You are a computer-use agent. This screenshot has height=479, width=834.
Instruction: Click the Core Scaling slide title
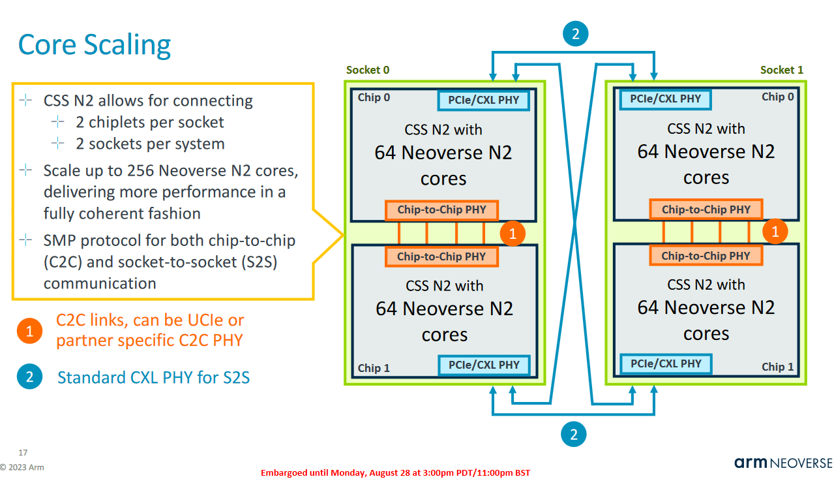(95, 45)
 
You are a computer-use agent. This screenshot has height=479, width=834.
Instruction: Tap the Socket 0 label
(368, 70)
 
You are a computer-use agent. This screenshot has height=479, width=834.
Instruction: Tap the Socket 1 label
(782, 70)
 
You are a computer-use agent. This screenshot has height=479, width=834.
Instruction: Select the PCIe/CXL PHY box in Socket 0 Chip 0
(483, 100)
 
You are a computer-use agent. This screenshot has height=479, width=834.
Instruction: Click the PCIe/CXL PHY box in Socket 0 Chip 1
(483, 365)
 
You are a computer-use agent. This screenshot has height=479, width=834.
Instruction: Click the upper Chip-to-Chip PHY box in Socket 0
(441, 210)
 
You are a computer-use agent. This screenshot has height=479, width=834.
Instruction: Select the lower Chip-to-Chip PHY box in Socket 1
(706, 256)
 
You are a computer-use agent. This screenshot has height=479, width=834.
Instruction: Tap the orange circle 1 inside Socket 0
(513, 234)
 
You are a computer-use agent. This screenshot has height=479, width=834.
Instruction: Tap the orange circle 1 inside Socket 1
(775, 231)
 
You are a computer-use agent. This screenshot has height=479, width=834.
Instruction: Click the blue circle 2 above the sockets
(574, 35)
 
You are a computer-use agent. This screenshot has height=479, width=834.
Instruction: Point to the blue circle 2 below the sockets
(574, 434)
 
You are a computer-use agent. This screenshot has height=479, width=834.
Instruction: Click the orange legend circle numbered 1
(29, 331)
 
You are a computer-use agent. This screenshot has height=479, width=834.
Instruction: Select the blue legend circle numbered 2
(29, 377)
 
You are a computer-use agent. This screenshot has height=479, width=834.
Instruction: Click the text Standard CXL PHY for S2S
(153, 377)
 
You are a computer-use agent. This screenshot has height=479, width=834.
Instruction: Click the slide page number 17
(23, 452)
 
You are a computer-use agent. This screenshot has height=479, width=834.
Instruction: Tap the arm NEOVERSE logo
(783, 463)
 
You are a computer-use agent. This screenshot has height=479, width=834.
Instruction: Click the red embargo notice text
(395, 472)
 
